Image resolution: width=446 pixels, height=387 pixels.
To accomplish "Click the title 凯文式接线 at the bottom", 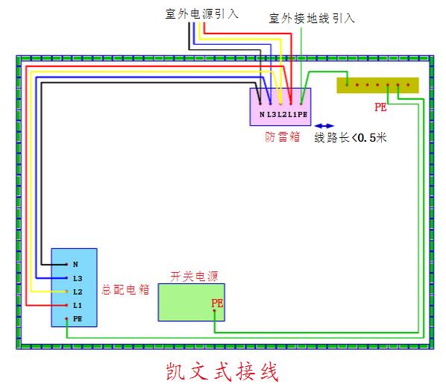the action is coord(222,371).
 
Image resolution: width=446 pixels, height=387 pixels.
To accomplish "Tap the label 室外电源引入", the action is coord(202,13).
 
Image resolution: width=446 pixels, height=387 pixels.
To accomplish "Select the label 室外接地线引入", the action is coord(312,18).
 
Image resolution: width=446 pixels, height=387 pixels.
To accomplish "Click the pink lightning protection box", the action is coord(280,107).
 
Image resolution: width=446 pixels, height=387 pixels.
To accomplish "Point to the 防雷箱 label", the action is coord(282,136).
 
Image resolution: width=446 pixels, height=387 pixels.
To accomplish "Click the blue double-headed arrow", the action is coord(324,126).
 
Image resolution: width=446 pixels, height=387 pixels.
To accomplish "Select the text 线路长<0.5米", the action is coord(350,138).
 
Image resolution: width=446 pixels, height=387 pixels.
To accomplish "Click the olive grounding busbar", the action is coord(377,85).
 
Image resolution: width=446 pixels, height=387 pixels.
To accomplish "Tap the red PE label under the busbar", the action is coord(380,107).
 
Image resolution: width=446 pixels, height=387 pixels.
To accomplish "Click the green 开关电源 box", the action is coord(192,302).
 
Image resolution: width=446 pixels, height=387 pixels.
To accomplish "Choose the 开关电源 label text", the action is coord(194,277).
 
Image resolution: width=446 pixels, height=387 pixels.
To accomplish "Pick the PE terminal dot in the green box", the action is coord(214,310).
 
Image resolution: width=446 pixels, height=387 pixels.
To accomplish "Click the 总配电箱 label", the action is coord(125,290).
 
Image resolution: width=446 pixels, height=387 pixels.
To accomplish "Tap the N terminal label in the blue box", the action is coord(75,265).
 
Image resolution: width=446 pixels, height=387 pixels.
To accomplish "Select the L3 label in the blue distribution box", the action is coord(78,278).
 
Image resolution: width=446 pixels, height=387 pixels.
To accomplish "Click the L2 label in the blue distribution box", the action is coord(78,292).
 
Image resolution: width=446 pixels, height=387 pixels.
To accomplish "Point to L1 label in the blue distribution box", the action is coord(78,306).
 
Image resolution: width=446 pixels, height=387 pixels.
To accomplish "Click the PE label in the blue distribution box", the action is coord(78,319).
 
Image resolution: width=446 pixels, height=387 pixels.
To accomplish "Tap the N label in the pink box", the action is coord(262,115).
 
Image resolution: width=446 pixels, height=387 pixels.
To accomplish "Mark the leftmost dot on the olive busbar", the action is coord(347,85).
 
